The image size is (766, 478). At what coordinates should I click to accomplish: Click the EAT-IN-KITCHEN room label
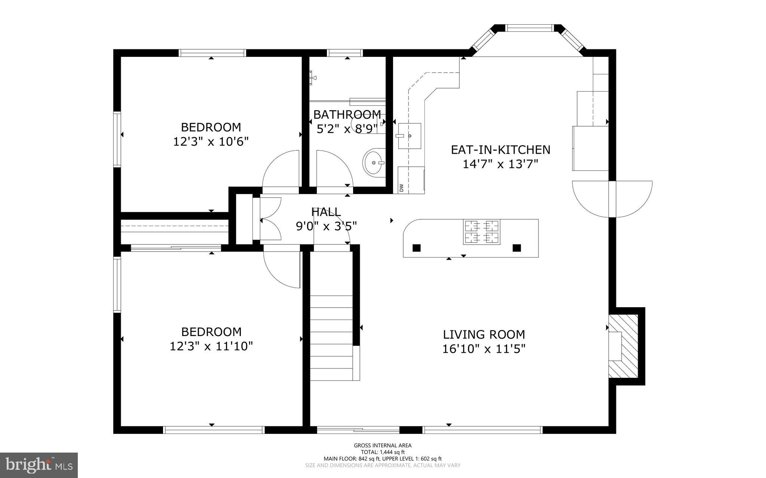[500, 150]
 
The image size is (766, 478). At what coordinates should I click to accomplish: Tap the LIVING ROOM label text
[484, 334]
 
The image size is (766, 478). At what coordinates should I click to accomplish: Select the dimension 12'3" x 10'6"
[211, 142]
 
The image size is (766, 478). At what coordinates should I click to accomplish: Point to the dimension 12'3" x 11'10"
[211, 346]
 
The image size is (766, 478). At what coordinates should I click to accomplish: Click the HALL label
[326, 212]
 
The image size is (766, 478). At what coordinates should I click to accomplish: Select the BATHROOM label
[347, 114]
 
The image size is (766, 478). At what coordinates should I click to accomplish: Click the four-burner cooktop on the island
[482, 232]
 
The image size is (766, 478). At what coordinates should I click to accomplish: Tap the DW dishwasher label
[401, 188]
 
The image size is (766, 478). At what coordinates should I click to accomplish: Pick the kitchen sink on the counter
[409, 135]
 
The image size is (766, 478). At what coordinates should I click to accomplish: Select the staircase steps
[331, 336]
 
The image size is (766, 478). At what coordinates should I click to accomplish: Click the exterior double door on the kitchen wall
[612, 199]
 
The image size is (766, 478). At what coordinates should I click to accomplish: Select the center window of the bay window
[528, 28]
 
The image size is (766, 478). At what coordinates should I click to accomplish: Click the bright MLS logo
[39, 465]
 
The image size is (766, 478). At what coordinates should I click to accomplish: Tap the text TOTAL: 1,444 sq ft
[383, 452]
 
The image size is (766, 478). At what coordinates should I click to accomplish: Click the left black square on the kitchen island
[416, 248]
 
